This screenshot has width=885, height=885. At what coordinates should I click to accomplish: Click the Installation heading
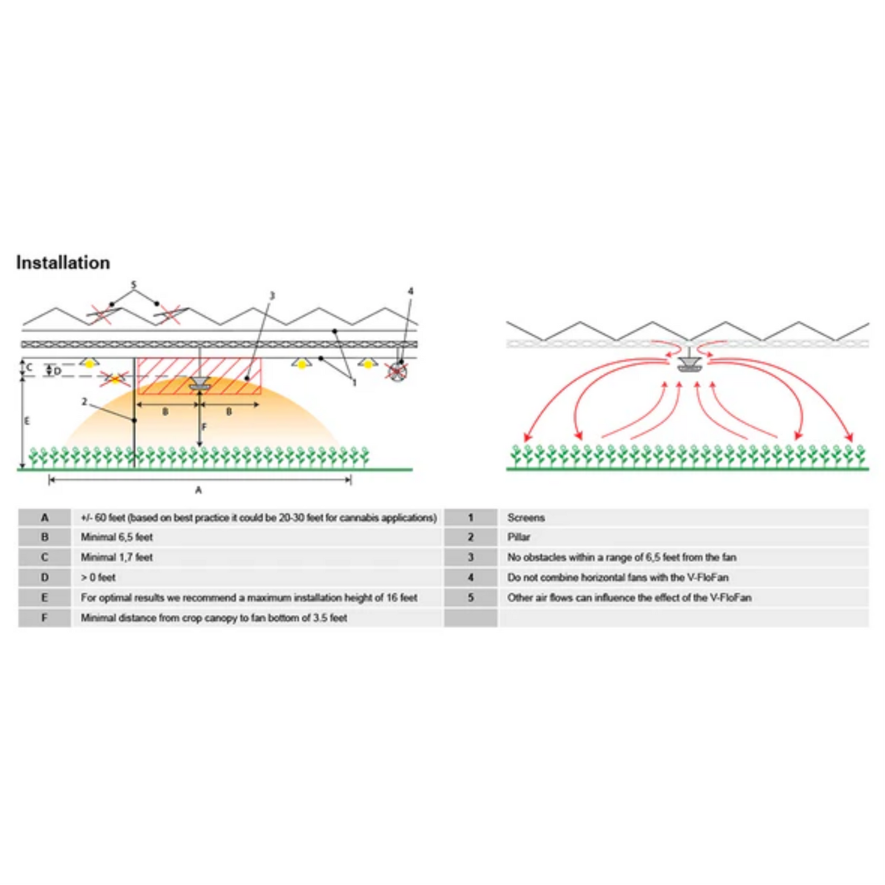(x=63, y=263)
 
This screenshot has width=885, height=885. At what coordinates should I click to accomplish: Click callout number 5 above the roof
(x=134, y=285)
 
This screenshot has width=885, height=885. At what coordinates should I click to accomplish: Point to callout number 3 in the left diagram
(x=272, y=296)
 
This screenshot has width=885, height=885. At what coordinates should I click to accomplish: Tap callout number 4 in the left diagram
(x=410, y=292)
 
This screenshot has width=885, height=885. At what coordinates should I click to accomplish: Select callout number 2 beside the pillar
(x=85, y=402)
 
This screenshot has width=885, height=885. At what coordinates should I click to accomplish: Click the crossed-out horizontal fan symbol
(x=397, y=371)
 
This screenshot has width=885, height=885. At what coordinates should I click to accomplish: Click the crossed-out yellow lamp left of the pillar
(x=115, y=379)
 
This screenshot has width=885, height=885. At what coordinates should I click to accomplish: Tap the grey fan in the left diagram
(x=199, y=384)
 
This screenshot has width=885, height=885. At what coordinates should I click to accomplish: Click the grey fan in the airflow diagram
(x=690, y=366)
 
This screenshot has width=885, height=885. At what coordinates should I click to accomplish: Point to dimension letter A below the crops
(x=198, y=490)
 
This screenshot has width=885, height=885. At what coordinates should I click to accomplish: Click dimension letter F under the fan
(x=204, y=427)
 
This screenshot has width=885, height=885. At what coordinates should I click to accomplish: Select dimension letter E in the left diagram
(x=26, y=421)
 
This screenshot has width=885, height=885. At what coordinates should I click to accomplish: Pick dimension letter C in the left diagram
(x=29, y=367)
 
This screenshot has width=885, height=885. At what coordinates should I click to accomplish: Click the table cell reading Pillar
(x=518, y=537)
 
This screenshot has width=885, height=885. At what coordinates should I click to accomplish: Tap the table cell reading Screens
(x=525, y=518)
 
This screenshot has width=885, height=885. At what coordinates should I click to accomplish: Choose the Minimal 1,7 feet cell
(x=117, y=557)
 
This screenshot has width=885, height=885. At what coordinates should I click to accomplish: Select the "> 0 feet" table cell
(x=99, y=578)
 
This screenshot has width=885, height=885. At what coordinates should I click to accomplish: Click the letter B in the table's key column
(x=45, y=537)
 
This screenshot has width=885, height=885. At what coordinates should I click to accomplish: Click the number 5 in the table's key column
(x=470, y=598)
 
